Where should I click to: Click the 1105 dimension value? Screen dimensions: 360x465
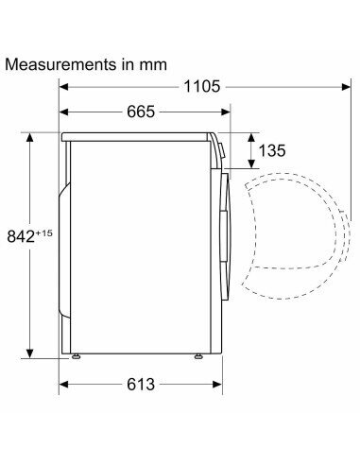(x=201, y=86)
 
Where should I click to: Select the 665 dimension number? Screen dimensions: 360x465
(x=141, y=112)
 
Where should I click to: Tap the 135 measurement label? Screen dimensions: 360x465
(x=272, y=150)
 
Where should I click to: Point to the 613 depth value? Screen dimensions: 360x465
(x=141, y=384)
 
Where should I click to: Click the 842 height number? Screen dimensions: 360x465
(x=21, y=236)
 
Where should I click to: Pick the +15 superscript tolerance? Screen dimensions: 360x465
(x=44, y=233)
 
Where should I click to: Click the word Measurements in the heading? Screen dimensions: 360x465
(x=60, y=64)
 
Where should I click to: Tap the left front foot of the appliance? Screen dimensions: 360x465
(x=76, y=356)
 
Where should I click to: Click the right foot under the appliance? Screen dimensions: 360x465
(x=198, y=356)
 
